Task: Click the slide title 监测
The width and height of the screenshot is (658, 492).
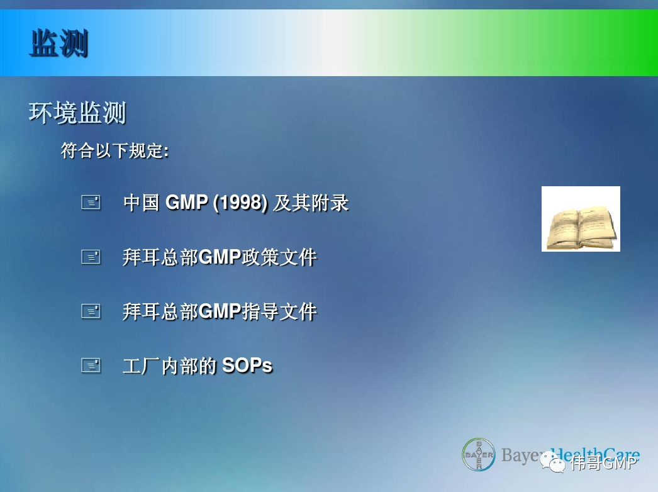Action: point(59,43)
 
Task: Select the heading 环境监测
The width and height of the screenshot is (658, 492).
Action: point(77,113)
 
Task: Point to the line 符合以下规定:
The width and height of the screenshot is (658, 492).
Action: point(115,151)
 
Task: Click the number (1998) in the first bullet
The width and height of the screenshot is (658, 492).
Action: point(240,203)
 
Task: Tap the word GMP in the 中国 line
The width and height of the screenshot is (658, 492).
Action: point(187,203)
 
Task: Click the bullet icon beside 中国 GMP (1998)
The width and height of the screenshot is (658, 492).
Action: point(91,203)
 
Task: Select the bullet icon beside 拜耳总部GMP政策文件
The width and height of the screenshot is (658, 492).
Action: point(91,257)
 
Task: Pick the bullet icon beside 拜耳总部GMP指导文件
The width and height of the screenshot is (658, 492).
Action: point(91,311)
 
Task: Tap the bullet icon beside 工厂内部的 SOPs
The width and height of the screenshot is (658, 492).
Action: point(91,365)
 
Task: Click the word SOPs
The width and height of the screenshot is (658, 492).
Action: point(247,365)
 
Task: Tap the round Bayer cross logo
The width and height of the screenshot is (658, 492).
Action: point(478,454)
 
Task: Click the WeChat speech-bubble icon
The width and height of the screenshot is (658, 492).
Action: point(553,462)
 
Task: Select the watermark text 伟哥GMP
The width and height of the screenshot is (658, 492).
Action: point(604,463)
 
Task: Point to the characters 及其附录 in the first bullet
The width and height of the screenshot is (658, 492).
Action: point(311,203)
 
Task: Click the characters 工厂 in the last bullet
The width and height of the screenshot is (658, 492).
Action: point(141,366)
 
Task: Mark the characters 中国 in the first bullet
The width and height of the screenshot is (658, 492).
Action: point(142,203)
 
